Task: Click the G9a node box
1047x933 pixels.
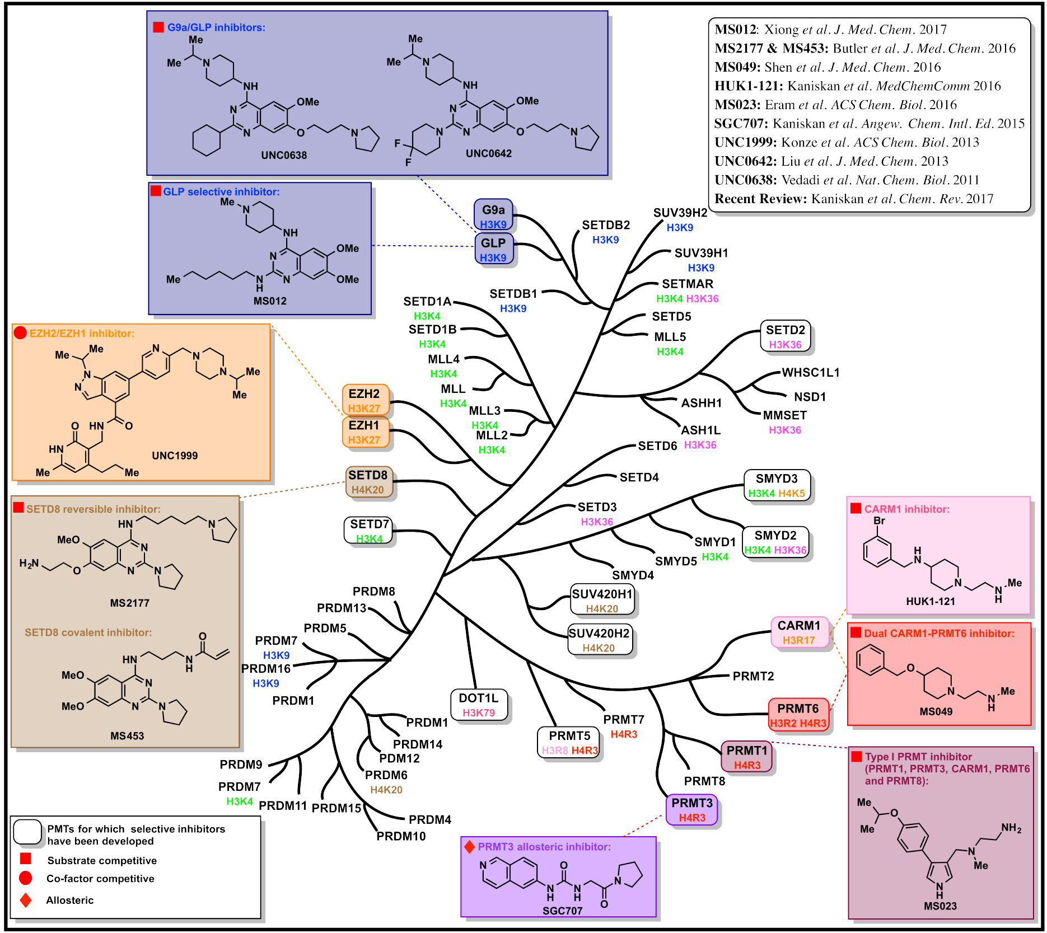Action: [493, 215]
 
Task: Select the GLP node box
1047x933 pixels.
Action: [493, 249]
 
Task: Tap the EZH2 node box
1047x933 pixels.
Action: [365, 400]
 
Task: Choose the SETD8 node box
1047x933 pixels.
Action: [368, 481]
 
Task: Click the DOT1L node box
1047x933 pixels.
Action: [479, 705]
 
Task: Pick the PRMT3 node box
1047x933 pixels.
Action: [692, 809]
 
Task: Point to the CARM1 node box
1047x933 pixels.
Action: [799, 632]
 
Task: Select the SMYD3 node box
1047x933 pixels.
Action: [777, 485]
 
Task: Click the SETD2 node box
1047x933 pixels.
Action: [785, 336]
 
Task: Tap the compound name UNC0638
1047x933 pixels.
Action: [284, 155]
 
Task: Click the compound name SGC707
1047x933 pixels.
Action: [562, 911]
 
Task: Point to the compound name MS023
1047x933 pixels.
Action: [940, 906]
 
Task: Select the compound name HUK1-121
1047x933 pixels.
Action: [931, 601]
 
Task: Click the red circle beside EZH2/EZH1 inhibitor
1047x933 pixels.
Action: [20, 333]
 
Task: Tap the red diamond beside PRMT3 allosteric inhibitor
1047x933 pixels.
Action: [469, 846]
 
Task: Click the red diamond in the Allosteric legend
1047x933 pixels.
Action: [25, 900]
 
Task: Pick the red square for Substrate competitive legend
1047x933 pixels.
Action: [25, 859]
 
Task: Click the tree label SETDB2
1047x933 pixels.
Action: [606, 225]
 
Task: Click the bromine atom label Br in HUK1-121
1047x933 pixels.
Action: [879, 521]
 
